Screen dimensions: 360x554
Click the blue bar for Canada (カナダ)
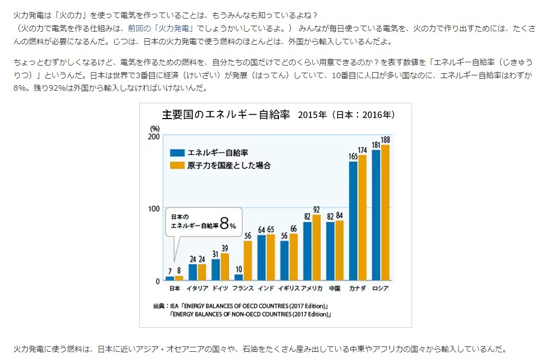[353, 221]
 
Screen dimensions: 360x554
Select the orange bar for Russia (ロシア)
[385, 213]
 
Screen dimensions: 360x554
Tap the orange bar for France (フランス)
[248, 261]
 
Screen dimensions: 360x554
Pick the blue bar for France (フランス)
[239, 277]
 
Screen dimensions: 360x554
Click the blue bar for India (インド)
[261, 257]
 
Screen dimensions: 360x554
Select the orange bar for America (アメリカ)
[317, 247]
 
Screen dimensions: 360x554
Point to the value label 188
[385, 140]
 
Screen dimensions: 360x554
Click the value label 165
[353, 156]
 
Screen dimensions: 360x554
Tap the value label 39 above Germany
[225, 249]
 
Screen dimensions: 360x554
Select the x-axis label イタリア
[197, 288]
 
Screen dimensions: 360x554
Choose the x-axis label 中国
[335, 288]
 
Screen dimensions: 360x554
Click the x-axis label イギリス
[289, 288]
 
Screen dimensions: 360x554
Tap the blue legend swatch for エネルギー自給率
[177, 153]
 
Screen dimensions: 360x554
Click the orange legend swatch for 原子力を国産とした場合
[177, 164]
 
